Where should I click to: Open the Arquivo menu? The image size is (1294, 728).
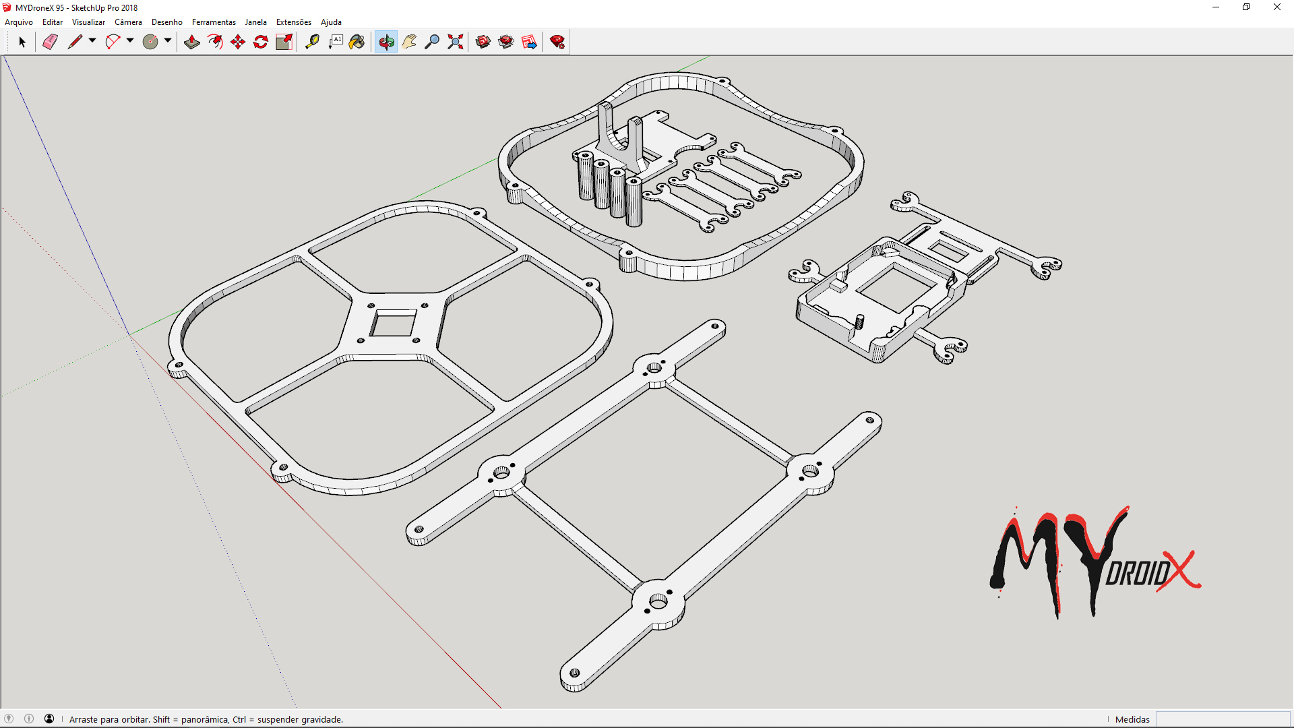click(x=19, y=22)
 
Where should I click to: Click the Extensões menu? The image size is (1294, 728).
click(x=293, y=22)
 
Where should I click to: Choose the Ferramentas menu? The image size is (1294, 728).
click(x=214, y=22)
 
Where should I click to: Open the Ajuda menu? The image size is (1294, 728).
click(x=331, y=22)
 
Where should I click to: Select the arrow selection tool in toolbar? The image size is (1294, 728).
click(x=22, y=42)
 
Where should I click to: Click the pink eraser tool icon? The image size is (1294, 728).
click(x=50, y=42)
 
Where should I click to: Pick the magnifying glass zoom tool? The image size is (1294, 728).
click(x=432, y=42)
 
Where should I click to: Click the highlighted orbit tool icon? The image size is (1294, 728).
click(x=386, y=42)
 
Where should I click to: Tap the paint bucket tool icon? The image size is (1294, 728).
click(x=357, y=42)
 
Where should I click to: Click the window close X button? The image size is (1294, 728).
click(x=1276, y=7)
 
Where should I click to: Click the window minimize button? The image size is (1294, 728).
click(x=1216, y=7)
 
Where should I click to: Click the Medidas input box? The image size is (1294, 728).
click(x=1223, y=719)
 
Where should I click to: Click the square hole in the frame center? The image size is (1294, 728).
click(x=393, y=324)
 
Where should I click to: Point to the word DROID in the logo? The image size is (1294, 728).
click(x=1137, y=574)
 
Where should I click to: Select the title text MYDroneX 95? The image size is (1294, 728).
click(x=40, y=8)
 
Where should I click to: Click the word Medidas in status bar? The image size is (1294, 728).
click(x=1132, y=719)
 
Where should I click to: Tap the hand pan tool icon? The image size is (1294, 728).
click(x=409, y=42)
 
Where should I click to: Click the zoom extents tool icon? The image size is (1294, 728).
click(x=456, y=42)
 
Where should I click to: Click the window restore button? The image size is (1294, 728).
click(x=1246, y=7)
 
